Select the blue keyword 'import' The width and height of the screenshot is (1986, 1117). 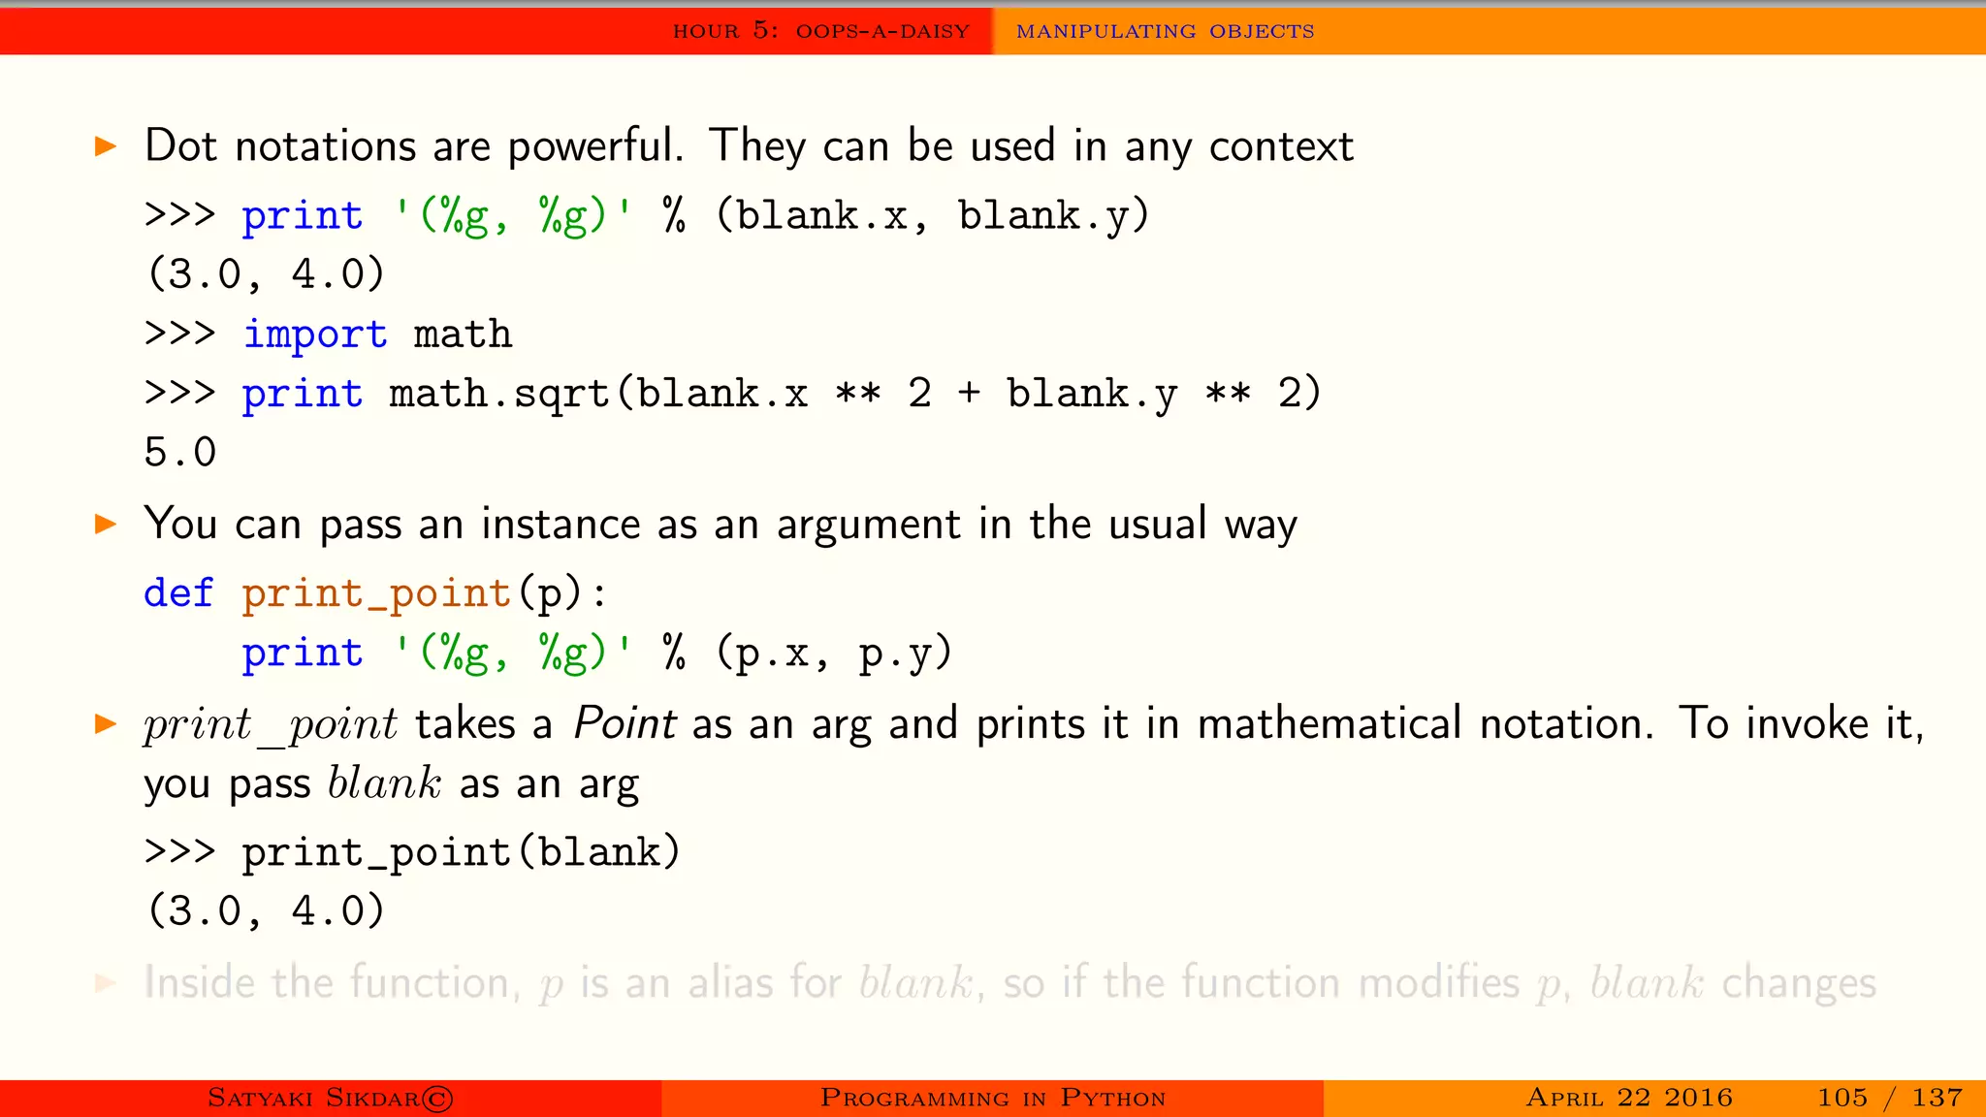(x=315, y=335)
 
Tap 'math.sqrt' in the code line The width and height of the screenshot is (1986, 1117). (x=498, y=394)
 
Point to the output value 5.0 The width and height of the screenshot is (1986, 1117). (x=180, y=453)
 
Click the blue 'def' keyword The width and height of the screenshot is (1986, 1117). (x=178, y=593)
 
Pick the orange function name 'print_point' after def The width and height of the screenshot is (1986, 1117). (x=376, y=593)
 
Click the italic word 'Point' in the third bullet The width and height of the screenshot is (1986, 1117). (x=625, y=724)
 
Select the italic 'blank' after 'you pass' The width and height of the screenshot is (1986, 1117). (x=384, y=783)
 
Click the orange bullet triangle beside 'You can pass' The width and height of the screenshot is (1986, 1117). (x=106, y=525)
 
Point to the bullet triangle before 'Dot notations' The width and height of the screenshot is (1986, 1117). (x=106, y=147)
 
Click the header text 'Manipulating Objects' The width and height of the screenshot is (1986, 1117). (x=1165, y=31)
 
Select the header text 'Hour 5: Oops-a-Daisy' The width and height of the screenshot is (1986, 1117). (x=821, y=31)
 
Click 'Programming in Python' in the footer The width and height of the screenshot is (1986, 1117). (x=993, y=1098)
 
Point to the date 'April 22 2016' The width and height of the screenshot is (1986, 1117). (x=1629, y=1098)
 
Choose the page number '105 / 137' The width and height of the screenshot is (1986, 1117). (x=1889, y=1098)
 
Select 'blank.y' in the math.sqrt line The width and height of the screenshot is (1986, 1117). (x=1092, y=394)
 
